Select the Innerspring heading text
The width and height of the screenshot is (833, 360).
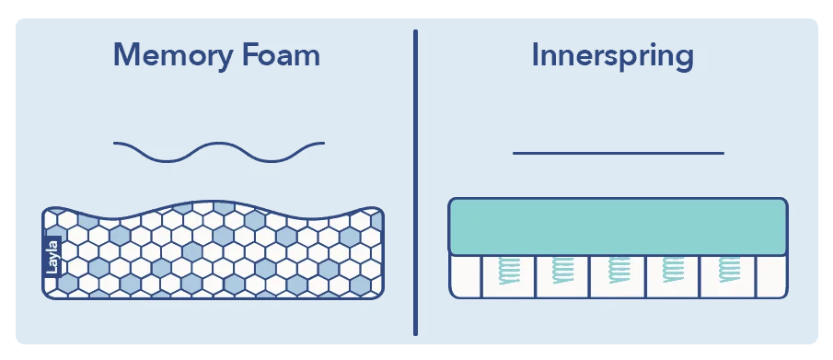612,57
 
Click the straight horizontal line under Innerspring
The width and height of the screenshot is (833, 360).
618,153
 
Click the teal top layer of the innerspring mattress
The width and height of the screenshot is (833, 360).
618,226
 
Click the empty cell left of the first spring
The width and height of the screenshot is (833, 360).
465,275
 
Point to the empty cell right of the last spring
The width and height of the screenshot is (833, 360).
771,275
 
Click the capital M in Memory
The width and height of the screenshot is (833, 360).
130,55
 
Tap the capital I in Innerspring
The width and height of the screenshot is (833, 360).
536,55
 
